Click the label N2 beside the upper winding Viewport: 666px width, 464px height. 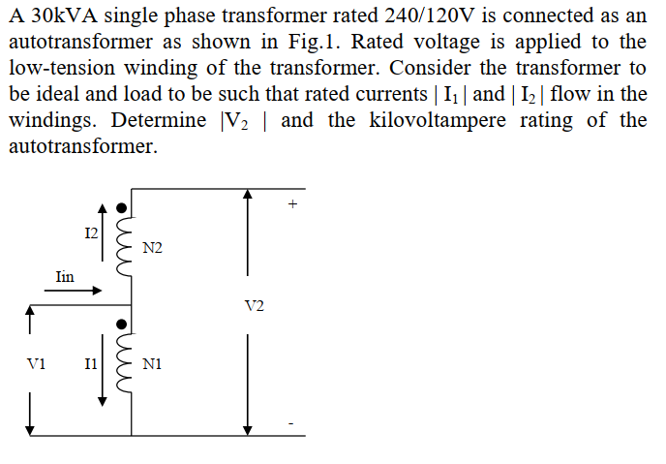pyautogui.click(x=152, y=248)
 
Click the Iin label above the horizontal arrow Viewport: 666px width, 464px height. pyautogui.click(x=65, y=276)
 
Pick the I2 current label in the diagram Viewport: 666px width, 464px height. pyautogui.click(x=90, y=232)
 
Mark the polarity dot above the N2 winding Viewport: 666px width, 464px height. pyautogui.click(x=121, y=207)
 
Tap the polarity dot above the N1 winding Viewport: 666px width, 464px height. pyautogui.click(x=121, y=325)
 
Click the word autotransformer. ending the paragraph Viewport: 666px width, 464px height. pyautogui.click(x=81, y=147)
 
